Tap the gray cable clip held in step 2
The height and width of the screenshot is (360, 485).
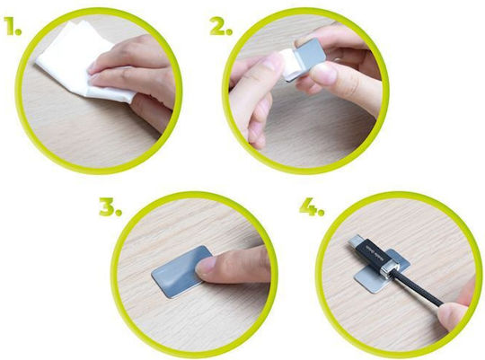[309, 58]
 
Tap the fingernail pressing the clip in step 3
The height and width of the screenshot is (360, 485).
[206, 266]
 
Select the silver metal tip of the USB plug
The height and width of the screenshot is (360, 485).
[354, 241]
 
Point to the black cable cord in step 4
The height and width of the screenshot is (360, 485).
[418, 287]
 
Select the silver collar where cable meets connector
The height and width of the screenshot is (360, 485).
[388, 268]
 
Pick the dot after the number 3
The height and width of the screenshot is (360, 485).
[118, 213]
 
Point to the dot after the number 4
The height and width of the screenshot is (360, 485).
[321, 213]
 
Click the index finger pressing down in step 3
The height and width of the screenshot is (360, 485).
[232, 266]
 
